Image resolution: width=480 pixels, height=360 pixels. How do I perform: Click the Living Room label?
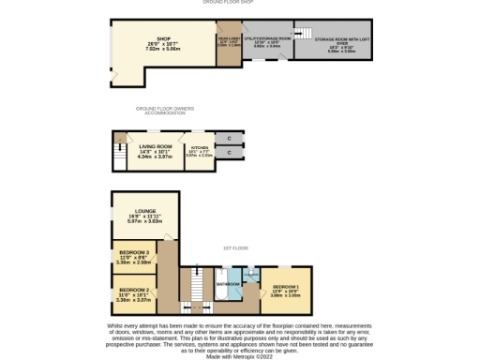(x=154, y=151)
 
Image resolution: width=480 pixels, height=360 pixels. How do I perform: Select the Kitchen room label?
(x=198, y=152)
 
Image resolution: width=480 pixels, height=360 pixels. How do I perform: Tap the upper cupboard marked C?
(x=228, y=139)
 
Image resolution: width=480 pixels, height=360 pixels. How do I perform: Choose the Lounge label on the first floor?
(x=144, y=216)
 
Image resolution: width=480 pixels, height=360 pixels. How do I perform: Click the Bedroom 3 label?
(x=133, y=258)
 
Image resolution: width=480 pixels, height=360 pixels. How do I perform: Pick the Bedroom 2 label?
(x=133, y=294)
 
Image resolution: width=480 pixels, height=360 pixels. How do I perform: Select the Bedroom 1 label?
(x=286, y=290)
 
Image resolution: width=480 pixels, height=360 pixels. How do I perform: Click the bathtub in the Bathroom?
(x=220, y=292)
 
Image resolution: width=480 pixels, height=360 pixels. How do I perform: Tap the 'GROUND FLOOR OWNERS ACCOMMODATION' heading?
(x=165, y=111)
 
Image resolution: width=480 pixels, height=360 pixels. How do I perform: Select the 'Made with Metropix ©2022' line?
(x=240, y=355)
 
